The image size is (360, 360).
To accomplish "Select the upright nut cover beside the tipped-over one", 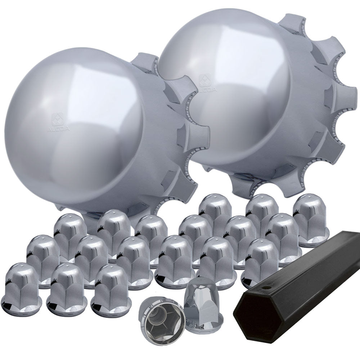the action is click(x=204, y=302).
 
